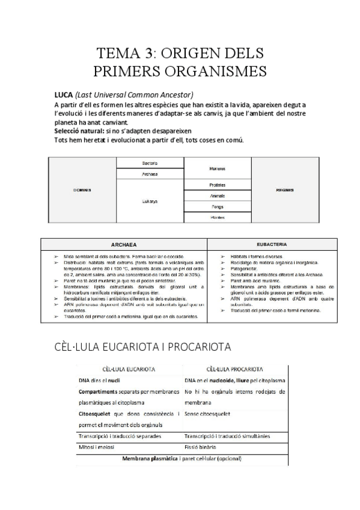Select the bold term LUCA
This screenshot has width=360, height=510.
pos(63,95)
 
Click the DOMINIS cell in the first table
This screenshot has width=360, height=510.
pos(82,190)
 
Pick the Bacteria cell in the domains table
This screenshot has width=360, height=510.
pos(150,164)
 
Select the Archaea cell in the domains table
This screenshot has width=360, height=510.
pos(150,174)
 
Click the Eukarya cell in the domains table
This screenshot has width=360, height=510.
pos(150,201)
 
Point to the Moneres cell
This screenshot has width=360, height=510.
pos(217,169)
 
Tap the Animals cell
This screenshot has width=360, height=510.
pos(217,196)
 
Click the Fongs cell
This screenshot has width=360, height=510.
pos(217,207)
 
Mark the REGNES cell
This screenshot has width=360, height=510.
pos(284,190)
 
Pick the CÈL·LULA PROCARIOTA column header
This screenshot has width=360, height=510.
pos(233,369)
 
